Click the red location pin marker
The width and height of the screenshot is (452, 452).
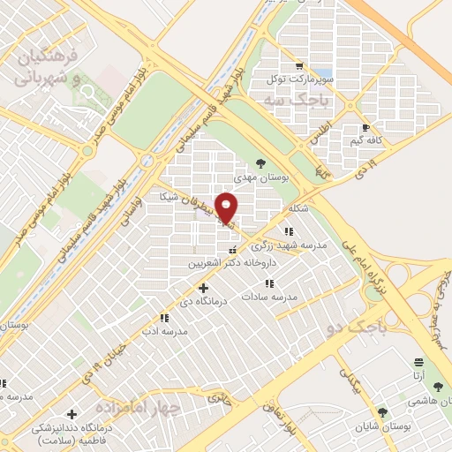tap(227, 208)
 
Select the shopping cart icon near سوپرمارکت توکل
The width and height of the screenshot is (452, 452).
tap(300, 66)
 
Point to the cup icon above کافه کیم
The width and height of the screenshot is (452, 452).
tap(365, 128)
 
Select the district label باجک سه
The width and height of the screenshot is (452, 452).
tap(296, 101)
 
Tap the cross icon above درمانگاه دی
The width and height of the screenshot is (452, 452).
tap(204, 288)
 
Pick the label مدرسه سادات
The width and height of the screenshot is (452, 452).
tap(269, 297)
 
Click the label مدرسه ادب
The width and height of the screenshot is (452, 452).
tap(163, 331)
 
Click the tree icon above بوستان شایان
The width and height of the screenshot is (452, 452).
tap(382, 412)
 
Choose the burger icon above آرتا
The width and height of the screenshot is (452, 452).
tap(418, 362)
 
